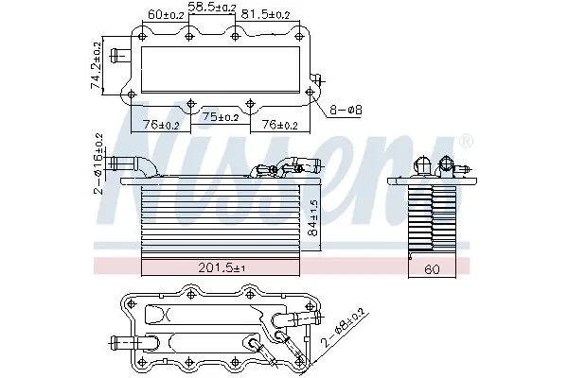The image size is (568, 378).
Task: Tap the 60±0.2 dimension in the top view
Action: point(167,15)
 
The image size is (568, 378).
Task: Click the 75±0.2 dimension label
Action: point(221,118)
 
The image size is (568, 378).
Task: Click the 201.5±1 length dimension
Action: point(221,268)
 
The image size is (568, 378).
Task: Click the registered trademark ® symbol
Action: point(465,142)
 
